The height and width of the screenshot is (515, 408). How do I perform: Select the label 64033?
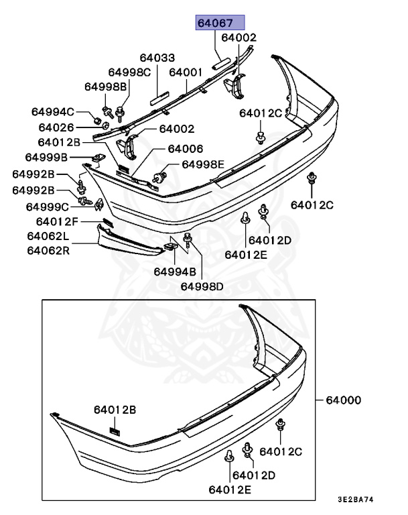click(157, 58)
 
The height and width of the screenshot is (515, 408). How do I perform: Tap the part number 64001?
click(186, 72)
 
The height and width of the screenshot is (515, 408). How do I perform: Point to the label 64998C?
click(129, 72)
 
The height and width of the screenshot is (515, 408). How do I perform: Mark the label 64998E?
click(203, 164)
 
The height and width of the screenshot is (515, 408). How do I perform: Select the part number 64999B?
click(46, 158)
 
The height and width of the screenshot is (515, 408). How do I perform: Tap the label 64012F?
click(56, 221)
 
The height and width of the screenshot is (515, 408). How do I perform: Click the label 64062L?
click(48, 236)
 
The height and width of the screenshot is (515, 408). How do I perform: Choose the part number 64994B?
click(174, 272)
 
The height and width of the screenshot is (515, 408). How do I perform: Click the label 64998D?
click(202, 286)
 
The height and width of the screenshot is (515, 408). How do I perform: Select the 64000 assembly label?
click(343, 400)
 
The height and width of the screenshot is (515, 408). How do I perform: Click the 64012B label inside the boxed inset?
click(115, 409)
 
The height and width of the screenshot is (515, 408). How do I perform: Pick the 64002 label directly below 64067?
click(239, 38)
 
